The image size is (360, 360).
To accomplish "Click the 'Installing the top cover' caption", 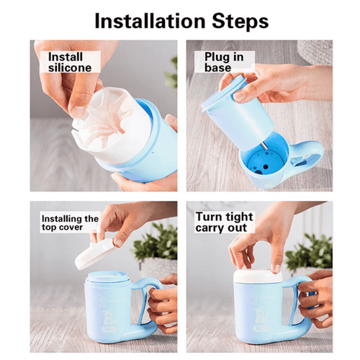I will click(x=69, y=223).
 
